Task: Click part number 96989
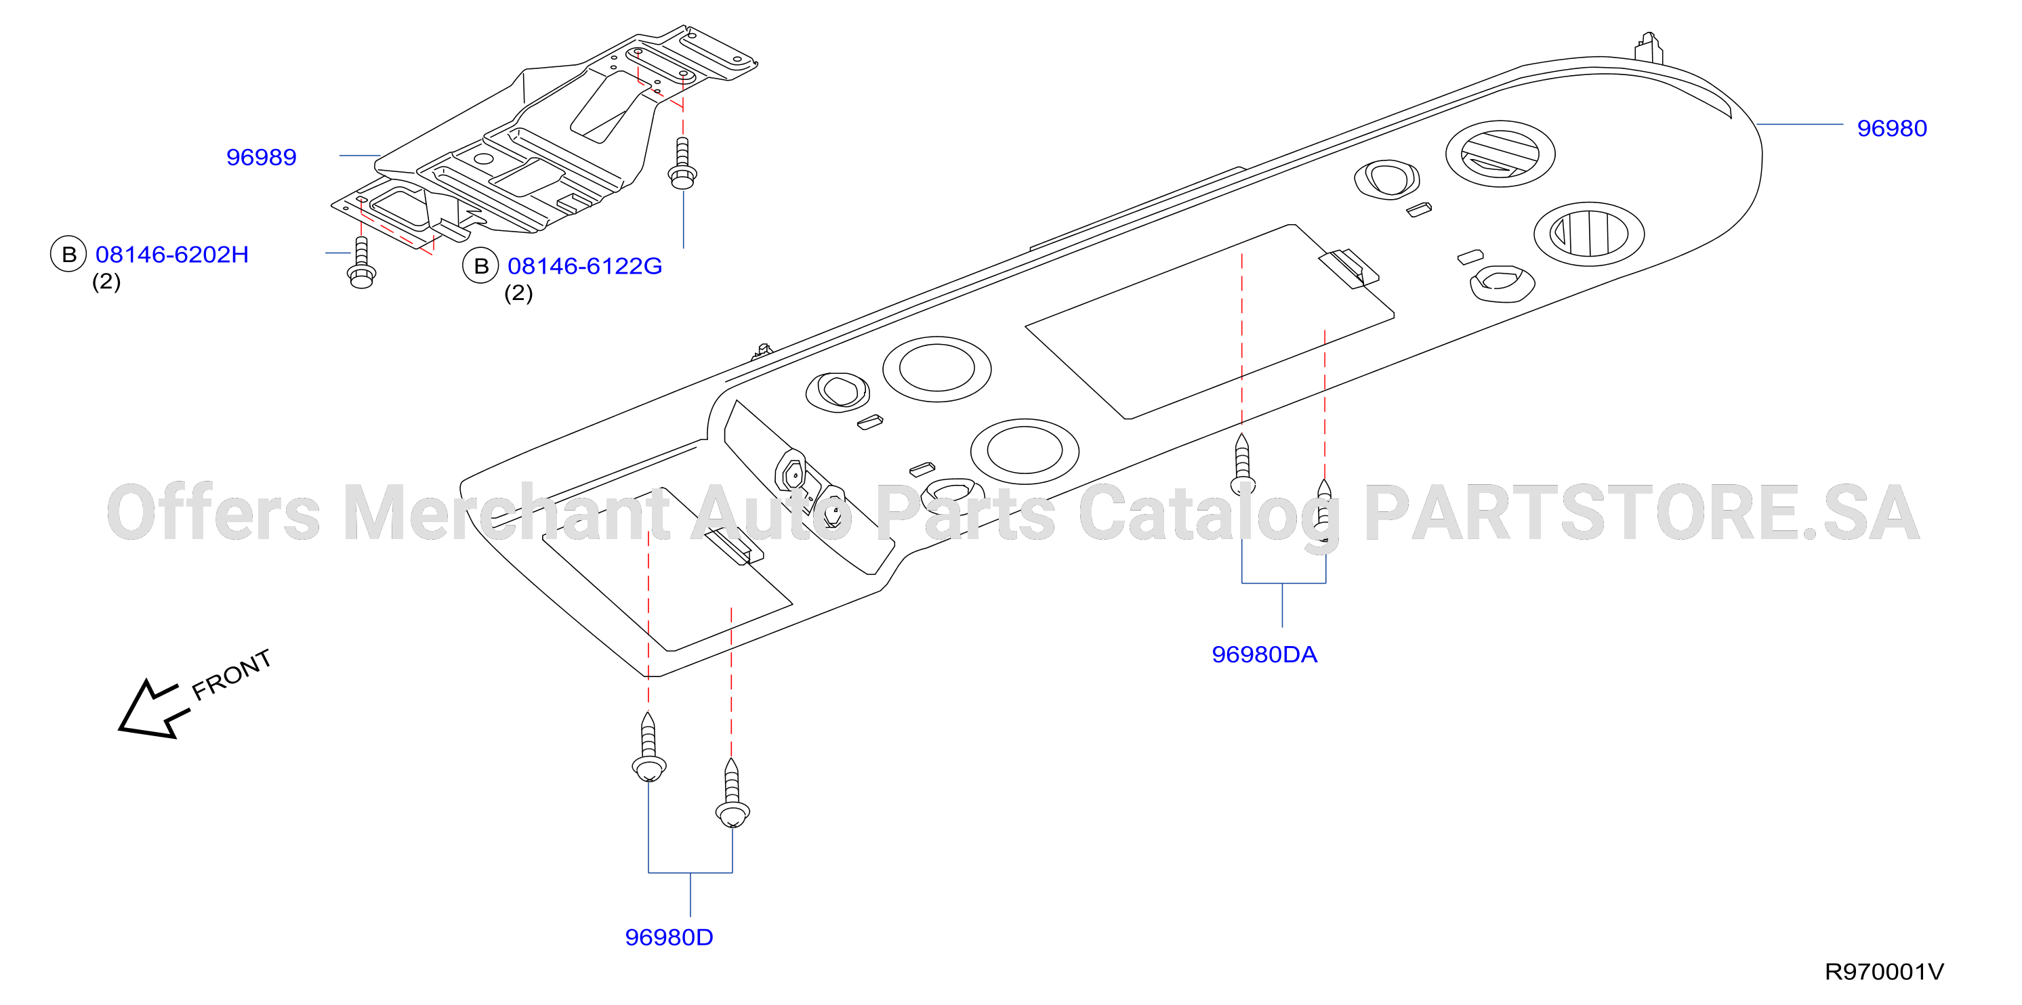pos(262,157)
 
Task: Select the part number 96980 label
pos(1892,128)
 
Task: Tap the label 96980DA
pos(1264,654)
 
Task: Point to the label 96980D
pos(669,937)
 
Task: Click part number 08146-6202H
pos(172,254)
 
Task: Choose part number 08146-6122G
pos(585,266)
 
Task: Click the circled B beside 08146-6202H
pos(68,254)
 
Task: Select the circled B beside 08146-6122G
pos(480,266)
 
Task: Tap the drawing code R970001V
pos(1884,971)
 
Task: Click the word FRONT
pos(232,675)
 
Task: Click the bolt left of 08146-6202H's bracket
pos(361,263)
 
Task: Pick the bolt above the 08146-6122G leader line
pos(682,163)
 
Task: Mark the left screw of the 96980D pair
pos(648,747)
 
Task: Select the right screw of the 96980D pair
pos(733,792)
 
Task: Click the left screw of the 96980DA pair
pos(1242,465)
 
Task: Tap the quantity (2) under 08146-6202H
pos(106,282)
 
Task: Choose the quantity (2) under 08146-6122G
pos(518,293)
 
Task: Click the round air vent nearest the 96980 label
pos(1500,154)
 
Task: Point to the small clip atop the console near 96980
pos(1649,47)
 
